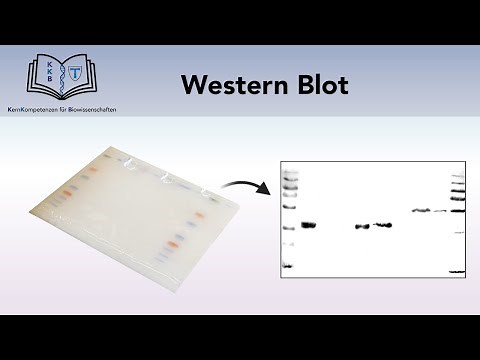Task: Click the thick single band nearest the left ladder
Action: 308,225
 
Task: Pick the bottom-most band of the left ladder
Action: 288,266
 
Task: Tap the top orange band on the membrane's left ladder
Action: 90,170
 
